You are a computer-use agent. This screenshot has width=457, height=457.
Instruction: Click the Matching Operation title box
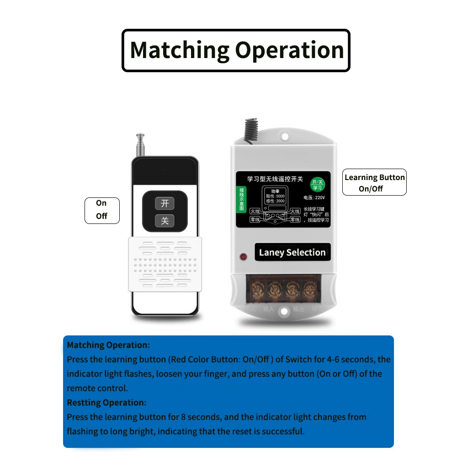coord(236,50)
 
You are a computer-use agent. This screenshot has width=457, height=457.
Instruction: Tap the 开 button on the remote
coord(165,203)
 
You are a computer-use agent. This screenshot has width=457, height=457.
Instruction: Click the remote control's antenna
coord(140,145)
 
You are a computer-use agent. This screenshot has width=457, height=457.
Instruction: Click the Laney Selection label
coord(292,252)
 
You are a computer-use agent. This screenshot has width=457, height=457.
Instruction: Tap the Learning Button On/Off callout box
coord(374,182)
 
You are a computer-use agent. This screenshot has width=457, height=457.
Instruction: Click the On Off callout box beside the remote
coord(102,210)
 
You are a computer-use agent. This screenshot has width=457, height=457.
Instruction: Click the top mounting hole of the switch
coord(285,136)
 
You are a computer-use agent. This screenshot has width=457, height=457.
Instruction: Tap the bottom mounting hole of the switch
coord(284,311)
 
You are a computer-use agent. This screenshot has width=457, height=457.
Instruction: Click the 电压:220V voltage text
coord(314,198)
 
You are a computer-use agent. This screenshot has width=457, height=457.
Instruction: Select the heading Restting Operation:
coord(106,403)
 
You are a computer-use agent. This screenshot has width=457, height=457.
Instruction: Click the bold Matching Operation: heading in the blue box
coord(108,345)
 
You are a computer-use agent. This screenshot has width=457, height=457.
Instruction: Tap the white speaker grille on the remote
coord(165,264)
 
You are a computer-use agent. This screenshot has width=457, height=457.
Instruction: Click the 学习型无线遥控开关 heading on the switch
coord(275,179)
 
